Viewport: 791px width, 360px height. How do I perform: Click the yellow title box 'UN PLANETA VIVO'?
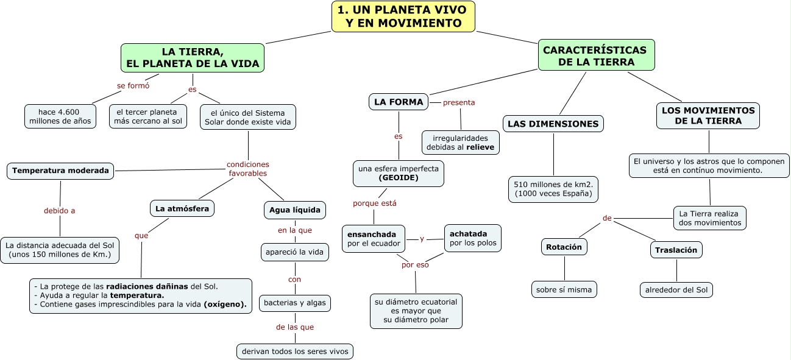pos(403,16)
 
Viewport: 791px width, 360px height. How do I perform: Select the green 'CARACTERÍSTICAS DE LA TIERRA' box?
pos(596,55)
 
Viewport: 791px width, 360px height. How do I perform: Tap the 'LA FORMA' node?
pos(399,102)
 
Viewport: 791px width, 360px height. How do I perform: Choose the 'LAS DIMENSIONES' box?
pos(553,124)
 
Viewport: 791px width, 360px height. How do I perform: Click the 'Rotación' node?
pos(564,247)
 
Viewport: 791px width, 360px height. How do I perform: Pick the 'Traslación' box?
pos(676,249)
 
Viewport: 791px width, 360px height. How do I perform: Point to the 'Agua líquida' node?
pos(294,210)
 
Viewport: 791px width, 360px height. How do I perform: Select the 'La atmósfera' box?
pos(182,208)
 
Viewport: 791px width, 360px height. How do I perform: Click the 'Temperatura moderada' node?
pos(60,171)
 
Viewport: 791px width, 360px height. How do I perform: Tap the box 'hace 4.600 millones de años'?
pos(60,116)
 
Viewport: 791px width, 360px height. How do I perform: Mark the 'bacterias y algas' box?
pos(295,302)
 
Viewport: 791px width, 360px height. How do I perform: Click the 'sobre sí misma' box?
pos(564,289)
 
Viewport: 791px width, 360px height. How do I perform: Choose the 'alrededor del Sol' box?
pos(676,289)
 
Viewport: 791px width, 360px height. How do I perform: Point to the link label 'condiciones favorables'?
pos(247,169)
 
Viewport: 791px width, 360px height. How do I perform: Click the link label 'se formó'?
pos(133,85)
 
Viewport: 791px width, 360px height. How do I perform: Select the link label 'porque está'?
pos(374,203)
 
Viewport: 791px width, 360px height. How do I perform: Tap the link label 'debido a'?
pos(60,211)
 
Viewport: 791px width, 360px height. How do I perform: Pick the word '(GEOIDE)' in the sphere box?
pos(398,178)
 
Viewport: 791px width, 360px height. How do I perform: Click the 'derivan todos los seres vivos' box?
pos(295,351)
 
